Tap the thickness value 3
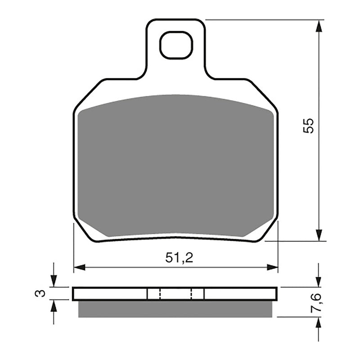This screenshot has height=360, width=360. (x=40, y=293)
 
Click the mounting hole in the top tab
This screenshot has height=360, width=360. (x=176, y=45)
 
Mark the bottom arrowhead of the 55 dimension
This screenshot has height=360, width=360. (x=319, y=235)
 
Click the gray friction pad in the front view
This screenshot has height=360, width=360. (x=175, y=166)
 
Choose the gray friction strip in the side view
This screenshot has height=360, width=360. (x=175, y=309)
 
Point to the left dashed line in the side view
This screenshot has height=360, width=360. (x=160, y=294)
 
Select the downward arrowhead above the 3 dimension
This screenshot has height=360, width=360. (x=54, y=281)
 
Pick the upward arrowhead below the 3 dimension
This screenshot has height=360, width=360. (x=54, y=306)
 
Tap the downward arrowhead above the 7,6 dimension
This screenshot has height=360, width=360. (x=319, y=281)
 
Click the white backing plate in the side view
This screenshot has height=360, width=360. (x=108, y=294)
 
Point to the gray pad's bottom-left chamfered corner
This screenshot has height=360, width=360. (x=92, y=227)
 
